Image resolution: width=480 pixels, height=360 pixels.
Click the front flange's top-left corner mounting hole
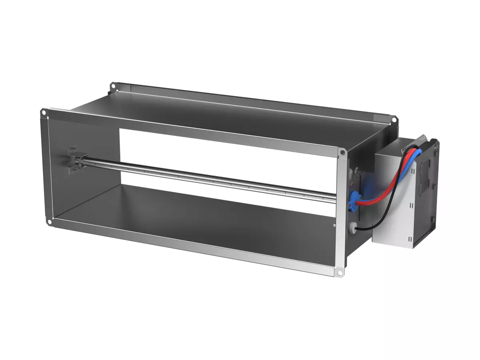(x=43, y=113)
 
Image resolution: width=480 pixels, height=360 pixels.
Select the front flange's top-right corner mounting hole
(x=342, y=152)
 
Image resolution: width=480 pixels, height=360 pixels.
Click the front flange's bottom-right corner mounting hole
(x=340, y=273)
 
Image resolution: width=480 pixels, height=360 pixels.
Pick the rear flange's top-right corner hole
(x=394, y=119)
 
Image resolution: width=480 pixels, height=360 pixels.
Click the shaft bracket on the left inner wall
(x=74, y=160)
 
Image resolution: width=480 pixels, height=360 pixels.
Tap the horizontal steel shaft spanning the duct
(x=208, y=178)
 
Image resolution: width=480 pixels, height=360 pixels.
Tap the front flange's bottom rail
(x=192, y=246)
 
